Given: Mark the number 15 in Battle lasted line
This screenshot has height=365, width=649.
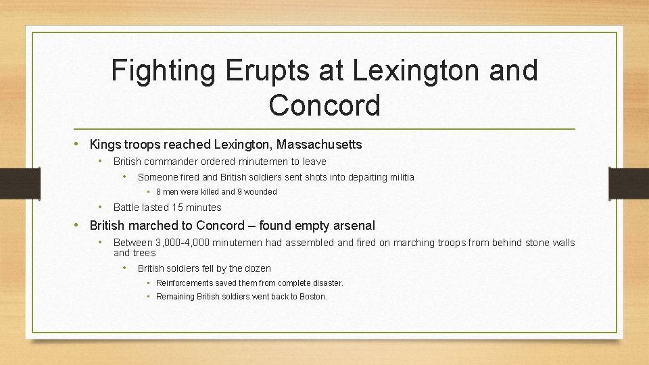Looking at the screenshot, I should (x=178, y=208).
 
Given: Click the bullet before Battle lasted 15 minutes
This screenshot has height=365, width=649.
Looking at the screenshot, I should (x=100, y=208).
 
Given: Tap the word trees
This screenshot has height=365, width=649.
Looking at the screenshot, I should (x=143, y=253).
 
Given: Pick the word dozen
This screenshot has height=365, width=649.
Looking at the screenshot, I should (x=257, y=268).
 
